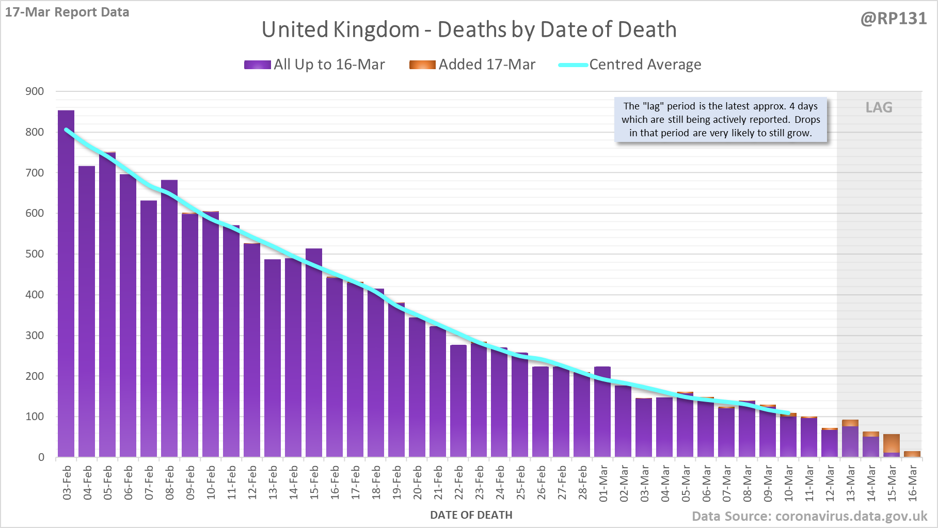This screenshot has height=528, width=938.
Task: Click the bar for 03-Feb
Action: pyautogui.click(x=66, y=284)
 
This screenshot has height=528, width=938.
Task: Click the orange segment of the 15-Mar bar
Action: pyautogui.click(x=892, y=443)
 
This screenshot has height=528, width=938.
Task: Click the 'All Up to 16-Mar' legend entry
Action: pyautogui.click(x=314, y=65)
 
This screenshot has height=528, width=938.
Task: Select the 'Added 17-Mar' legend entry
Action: pyautogui.click(x=472, y=65)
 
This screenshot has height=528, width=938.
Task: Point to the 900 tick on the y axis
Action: pyautogui.click(x=35, y=91)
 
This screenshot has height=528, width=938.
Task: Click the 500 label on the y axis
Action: pyautogui.click(x=35, y=254)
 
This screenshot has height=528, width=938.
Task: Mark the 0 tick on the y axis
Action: pyautogui.click(x=41, y=457)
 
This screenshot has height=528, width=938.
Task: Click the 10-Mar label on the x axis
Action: pyautogui.click(x=789, y=483)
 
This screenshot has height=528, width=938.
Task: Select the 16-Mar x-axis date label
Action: pyautogui.click(x=913, y=483)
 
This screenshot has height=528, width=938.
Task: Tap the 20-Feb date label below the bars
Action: pyautogui.click(x=417, y=483)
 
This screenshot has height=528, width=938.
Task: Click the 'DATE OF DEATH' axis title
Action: pyautogui.click(x=471, y=515)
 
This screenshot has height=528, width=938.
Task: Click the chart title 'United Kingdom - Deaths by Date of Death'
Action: pyautogui.click(x=469, y=29)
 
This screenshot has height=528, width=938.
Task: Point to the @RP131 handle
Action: pyautogui.click(x=894, y=19)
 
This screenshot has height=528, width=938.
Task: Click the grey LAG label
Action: pyautogui.click(x=879, y=107)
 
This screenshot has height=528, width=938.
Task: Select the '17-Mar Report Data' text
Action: pyautogui.click(x=67, y=12)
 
